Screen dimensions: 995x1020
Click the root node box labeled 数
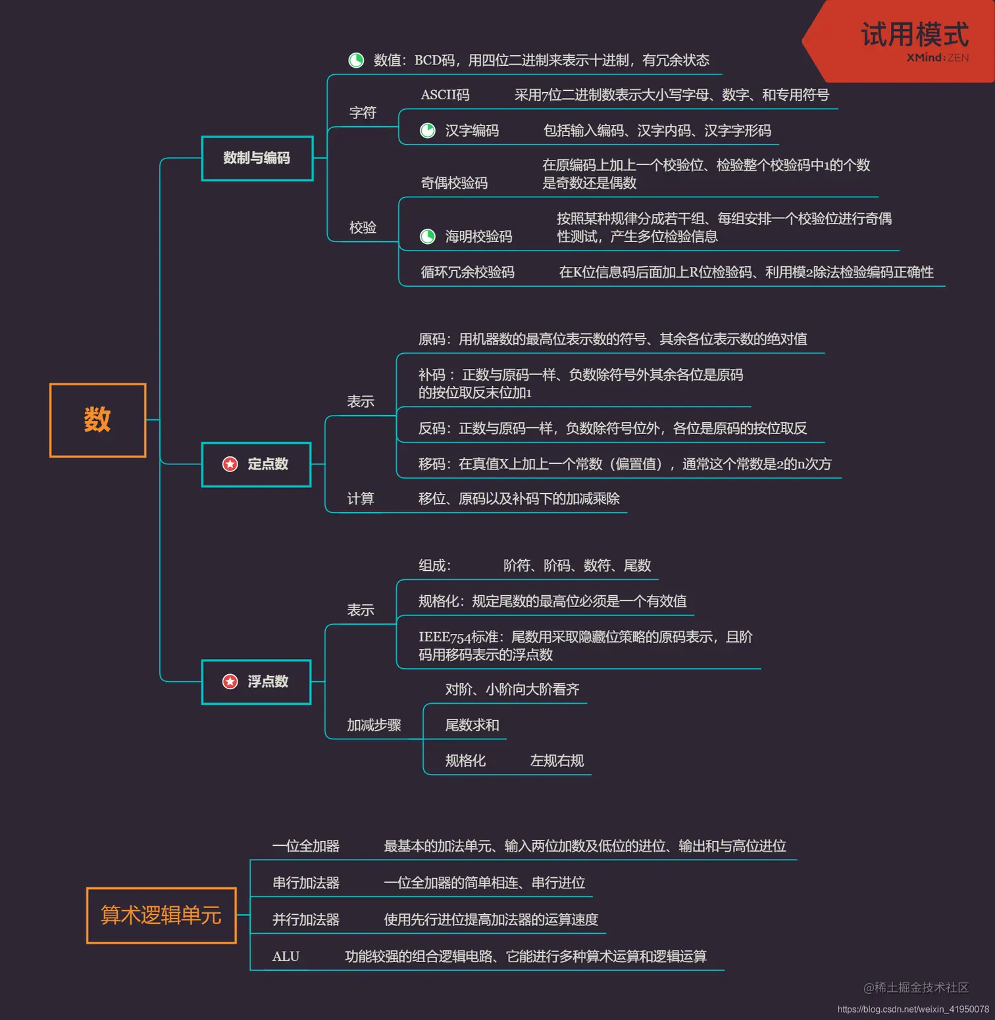[x=97, y=420]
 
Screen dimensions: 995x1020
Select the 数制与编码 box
[x=257, y=158]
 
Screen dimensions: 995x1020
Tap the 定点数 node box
[x=257, y=464]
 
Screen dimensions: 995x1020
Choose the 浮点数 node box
[x=257, y=681]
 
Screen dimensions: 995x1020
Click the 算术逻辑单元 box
[x=161, y=915]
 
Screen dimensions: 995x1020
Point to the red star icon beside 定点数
[x=230, y=464]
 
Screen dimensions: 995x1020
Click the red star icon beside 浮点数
[x=230, y=681]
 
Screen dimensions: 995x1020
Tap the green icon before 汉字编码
[x=428, y=130]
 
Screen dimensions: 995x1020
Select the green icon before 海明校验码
[x=428, y=236]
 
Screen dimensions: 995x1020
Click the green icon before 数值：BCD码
[x=356, y=61]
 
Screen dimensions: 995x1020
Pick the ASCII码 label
[x=445, y=95]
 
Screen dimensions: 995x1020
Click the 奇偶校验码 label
[x=454, y=183]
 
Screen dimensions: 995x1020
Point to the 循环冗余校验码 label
[x=467, y=272]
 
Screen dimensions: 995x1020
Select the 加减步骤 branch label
[x=374, y=725]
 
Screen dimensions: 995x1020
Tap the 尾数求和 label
[x=472, y=725]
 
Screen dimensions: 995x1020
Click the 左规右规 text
[x=557, y=761]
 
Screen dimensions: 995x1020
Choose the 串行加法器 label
[x=306, y=883]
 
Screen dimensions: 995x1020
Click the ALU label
[x=286, y=956]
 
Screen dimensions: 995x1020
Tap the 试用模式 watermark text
[x=914, y=34]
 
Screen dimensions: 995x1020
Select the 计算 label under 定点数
[x=360, y=498]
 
